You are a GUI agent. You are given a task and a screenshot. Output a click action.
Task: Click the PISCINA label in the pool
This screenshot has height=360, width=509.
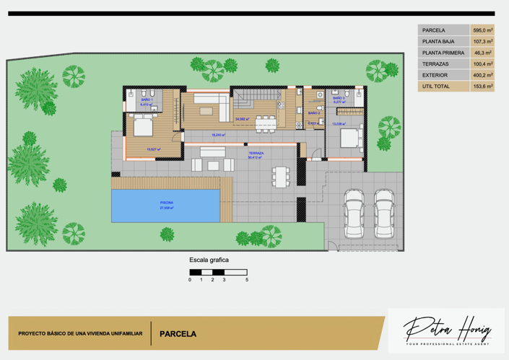pyautogui.click(x=166, y=203)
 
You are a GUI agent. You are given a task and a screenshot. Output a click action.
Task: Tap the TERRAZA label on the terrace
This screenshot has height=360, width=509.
pyautogui.click(x=256, y=153)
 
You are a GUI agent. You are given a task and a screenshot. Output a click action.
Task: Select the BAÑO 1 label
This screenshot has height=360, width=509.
pyautogui.click(x=147, y=100)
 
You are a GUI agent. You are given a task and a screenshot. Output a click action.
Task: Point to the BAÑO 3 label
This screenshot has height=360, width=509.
pyautogui.click(x=338, y=98)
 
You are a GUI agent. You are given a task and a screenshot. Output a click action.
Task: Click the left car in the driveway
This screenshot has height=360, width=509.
pyautogui.click(x=354, y=214)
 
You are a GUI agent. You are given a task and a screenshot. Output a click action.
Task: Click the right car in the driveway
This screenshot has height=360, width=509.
pyautogui.click(x=383, y=214)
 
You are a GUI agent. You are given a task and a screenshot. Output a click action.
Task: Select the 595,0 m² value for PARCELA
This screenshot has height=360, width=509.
pyautogui.click(x=482, y=30)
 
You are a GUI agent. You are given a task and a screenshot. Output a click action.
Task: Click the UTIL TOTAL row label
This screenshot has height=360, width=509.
pyautogui.click(x=436, y=87)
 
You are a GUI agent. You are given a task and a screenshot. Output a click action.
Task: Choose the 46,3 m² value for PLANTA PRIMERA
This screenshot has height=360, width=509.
pyautogui.click(x=482, y=53)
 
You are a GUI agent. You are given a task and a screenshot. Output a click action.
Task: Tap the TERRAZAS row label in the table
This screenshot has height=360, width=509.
pyautogui.click(x=435, y=64)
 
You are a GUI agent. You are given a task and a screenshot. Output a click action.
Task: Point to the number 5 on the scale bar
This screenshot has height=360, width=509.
pyautogui.click(x=246, y=279)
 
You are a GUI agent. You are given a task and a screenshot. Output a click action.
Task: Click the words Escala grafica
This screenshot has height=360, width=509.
pyautogui.click(x=209, y=260)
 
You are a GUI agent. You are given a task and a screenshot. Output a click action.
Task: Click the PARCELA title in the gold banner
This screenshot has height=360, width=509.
pyautogui.click(x=178, y=335)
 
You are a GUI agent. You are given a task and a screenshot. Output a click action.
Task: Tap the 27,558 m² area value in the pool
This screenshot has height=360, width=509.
pyautogui.click(x=166, y=208)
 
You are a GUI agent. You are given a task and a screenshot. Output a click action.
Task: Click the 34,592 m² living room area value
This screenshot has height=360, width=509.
pyautogui.click(x=242, y=119)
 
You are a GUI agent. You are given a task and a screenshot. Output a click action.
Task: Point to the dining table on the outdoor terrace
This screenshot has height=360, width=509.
pyautogui.click(x=279, y=175)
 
